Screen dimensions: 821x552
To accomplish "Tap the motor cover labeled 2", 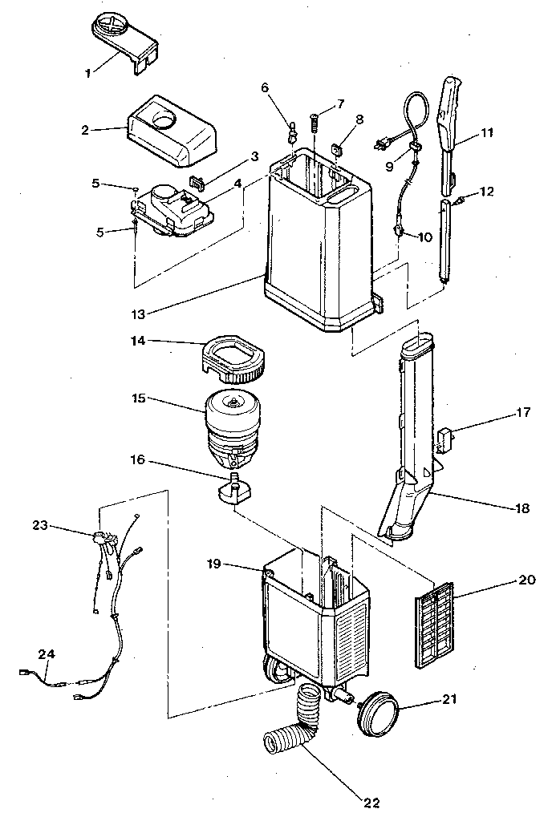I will pyautogui.click(x=172, y=130).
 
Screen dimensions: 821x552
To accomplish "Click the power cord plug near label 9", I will pyautogui.click(x=382, y=145).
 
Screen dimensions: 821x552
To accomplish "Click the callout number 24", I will pyautogui.click(x=48, y=654).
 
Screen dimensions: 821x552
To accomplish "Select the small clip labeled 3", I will pyautogui.click(x=197, y=184).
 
